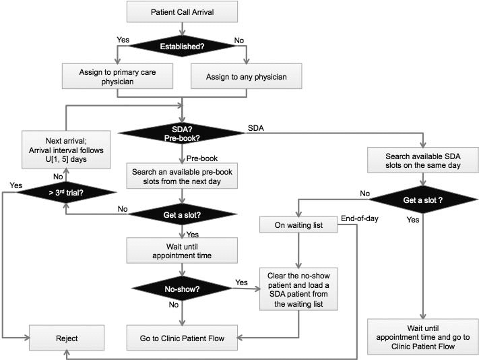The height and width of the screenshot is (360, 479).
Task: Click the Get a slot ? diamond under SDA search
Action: [422, 200]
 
